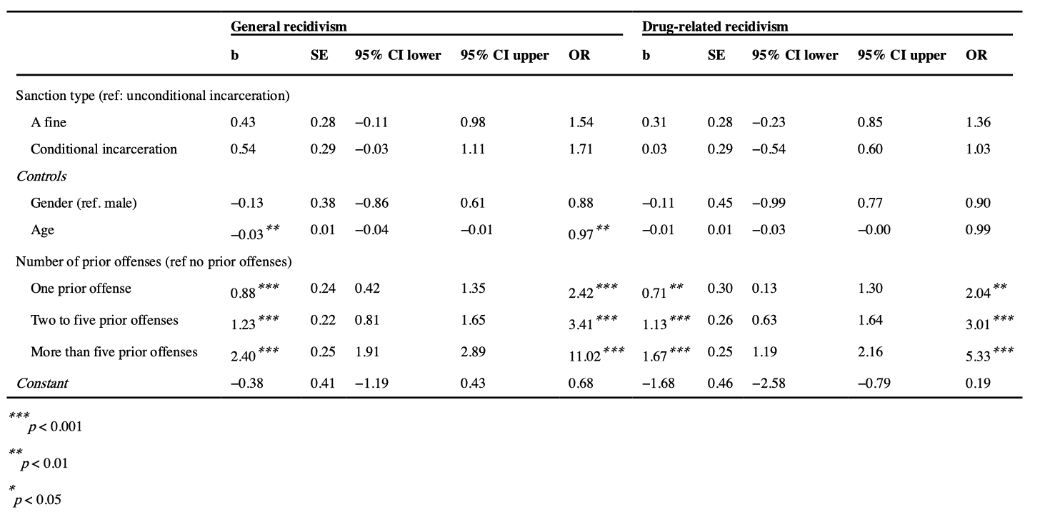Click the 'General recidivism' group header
click(288, 27)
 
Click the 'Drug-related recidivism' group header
click(715, 27)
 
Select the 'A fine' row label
click(49, 123)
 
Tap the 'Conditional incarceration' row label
click(104, 149)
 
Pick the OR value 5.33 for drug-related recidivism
click(978, 356)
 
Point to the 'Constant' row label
click(41, 383)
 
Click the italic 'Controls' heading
click(41, 176)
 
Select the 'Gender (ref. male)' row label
click(83, 203)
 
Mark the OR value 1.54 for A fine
click(580, 123)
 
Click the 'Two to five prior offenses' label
click(104, 320)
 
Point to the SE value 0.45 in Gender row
click(720, 203)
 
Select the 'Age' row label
click(42, 230)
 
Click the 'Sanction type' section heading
click(152, 96)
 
